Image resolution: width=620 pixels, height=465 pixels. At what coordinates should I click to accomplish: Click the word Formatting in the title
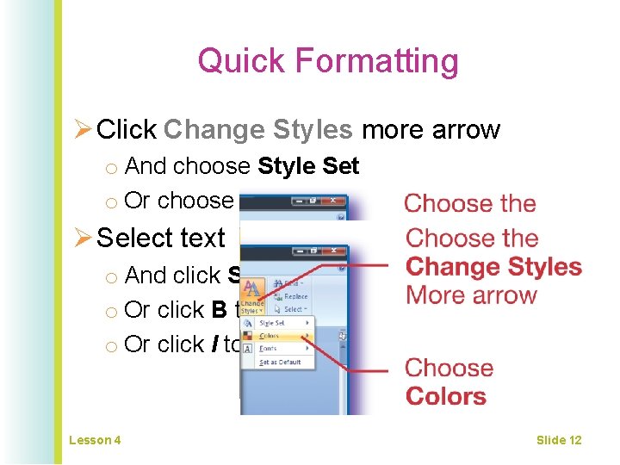[377, 61]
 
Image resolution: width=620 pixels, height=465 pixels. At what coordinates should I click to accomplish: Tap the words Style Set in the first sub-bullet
[308, 166]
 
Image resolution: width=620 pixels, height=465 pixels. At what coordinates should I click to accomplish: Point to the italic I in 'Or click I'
[214, 344]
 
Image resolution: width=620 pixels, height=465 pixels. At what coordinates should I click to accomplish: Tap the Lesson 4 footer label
[95, 440]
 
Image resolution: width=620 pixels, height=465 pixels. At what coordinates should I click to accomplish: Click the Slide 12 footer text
[558, 440]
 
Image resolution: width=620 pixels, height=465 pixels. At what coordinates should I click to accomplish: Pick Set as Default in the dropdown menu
[279, 363]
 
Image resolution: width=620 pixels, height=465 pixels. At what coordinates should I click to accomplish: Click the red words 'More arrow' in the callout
[471, 295]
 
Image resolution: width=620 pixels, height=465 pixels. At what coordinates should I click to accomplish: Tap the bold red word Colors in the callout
[446, 397]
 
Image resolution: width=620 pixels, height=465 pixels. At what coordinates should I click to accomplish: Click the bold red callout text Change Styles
[493, 267]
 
